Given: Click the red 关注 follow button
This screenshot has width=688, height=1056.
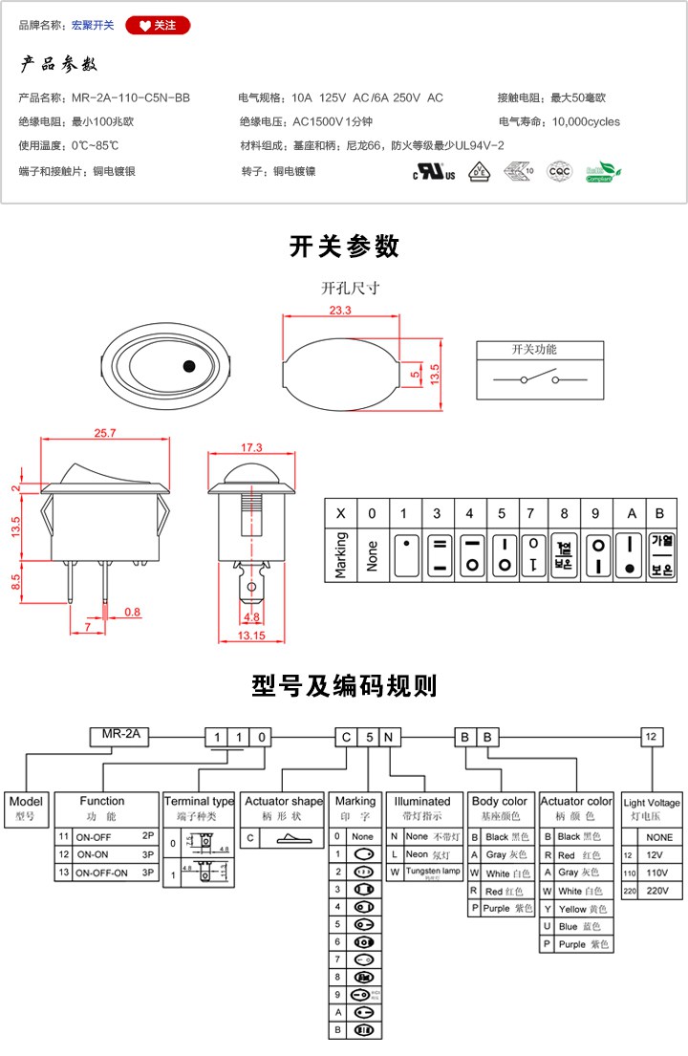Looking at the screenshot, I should [158, 26].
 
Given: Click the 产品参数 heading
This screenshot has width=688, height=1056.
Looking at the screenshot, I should [59, 65].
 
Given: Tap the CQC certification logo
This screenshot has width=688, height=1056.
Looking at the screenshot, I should [558, 171].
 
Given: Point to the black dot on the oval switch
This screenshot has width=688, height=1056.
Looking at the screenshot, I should [188, 365].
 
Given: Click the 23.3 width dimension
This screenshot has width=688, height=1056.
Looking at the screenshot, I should [339, 311].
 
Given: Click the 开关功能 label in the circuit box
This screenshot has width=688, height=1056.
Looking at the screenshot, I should [534, 350].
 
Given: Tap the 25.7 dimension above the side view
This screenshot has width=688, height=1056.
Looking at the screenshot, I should [105, 433].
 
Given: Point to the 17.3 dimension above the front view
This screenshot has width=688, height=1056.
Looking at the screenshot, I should [251, 447].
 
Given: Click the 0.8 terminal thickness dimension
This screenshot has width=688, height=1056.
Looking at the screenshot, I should [131, 612].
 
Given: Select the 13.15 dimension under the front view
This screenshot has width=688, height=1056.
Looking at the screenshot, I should [250, 636].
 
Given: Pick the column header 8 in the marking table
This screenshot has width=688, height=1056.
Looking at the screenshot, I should [564, 513].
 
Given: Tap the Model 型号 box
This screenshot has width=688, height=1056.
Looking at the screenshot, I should [26, 808].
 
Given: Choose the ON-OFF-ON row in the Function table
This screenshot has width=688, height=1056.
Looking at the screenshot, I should [107, 872].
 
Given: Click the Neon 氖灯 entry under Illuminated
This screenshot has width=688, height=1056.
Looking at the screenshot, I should [424, 853].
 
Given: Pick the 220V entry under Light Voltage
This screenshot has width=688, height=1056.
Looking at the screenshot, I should [652, 890].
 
